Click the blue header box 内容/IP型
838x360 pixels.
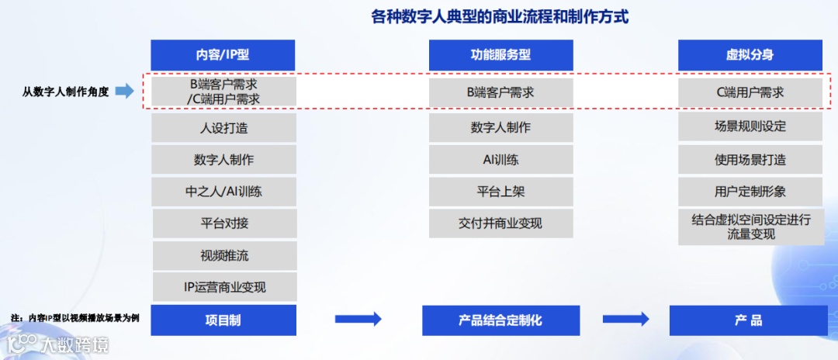223,55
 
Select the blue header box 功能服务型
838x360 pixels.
500,55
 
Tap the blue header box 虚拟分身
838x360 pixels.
750,55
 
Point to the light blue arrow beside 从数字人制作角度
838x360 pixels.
125,92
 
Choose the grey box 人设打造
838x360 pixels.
223,128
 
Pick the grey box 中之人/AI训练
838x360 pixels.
223,192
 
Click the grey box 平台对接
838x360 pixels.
223,223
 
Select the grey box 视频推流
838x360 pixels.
223,255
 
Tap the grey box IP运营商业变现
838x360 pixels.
223,287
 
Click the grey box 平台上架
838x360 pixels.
500,192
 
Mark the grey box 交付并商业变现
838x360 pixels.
500,223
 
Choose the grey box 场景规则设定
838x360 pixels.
750,126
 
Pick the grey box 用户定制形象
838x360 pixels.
750,192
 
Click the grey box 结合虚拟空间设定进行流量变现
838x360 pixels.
750,227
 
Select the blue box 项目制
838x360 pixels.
223,320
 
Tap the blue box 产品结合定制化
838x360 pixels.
500,320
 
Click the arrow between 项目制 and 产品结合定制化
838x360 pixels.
358,319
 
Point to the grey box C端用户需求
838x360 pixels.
750,92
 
